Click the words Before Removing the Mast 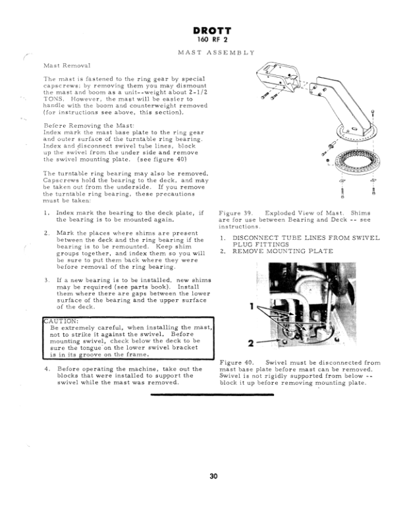(80, 125)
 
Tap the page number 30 (213, 476)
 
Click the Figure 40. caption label (238, 362)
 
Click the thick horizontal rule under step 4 (212, 394)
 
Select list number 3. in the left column (47, 279)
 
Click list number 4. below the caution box (47, 368)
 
